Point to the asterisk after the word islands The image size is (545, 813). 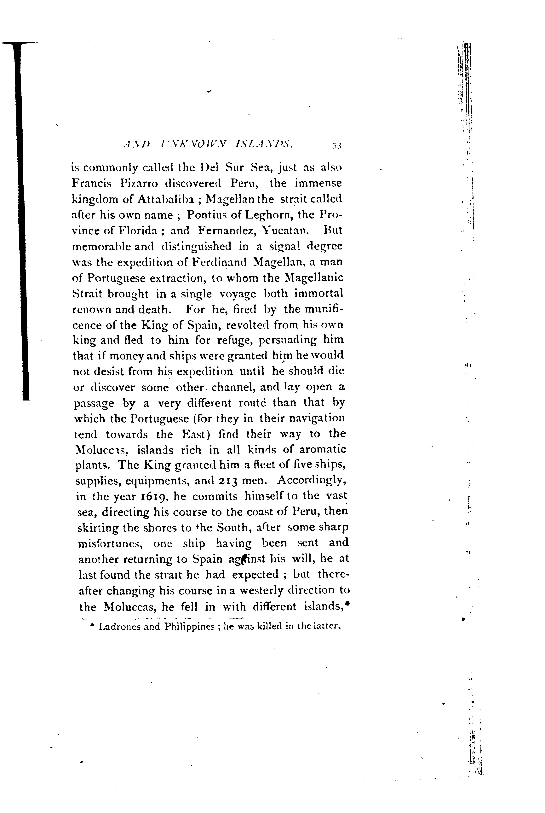point(348,604)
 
